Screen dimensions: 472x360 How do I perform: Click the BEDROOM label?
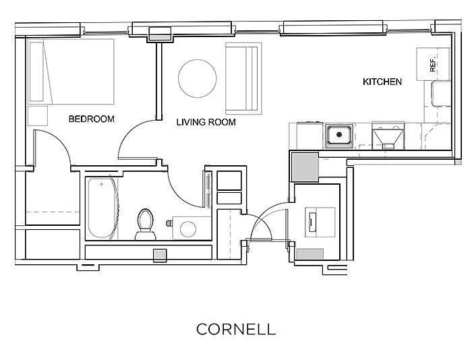tap(92, 119)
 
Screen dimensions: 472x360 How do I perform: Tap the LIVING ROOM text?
tap(206, 123)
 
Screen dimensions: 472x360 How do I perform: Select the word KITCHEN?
tap(382, 82)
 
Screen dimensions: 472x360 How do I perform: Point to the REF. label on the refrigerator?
tap(433, 65)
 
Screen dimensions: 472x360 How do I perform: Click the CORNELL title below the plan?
tap(236, 329)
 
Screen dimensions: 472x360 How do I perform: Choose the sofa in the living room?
tap(241, 79)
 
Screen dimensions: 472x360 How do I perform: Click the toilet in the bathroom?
tap(144, 224)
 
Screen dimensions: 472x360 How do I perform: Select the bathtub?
tap(100, 207)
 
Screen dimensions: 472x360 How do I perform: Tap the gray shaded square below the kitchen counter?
tap(304, 165)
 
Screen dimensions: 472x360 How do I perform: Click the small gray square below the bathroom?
tap(160, 255)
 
